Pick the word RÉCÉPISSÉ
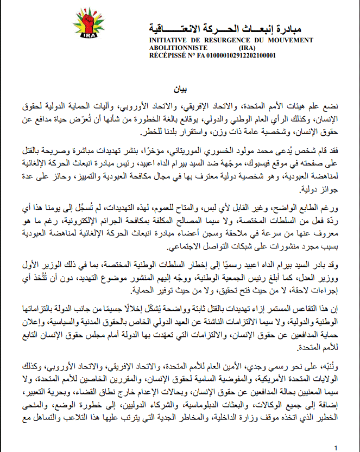coord(165,55)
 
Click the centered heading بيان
coord(180,88)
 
